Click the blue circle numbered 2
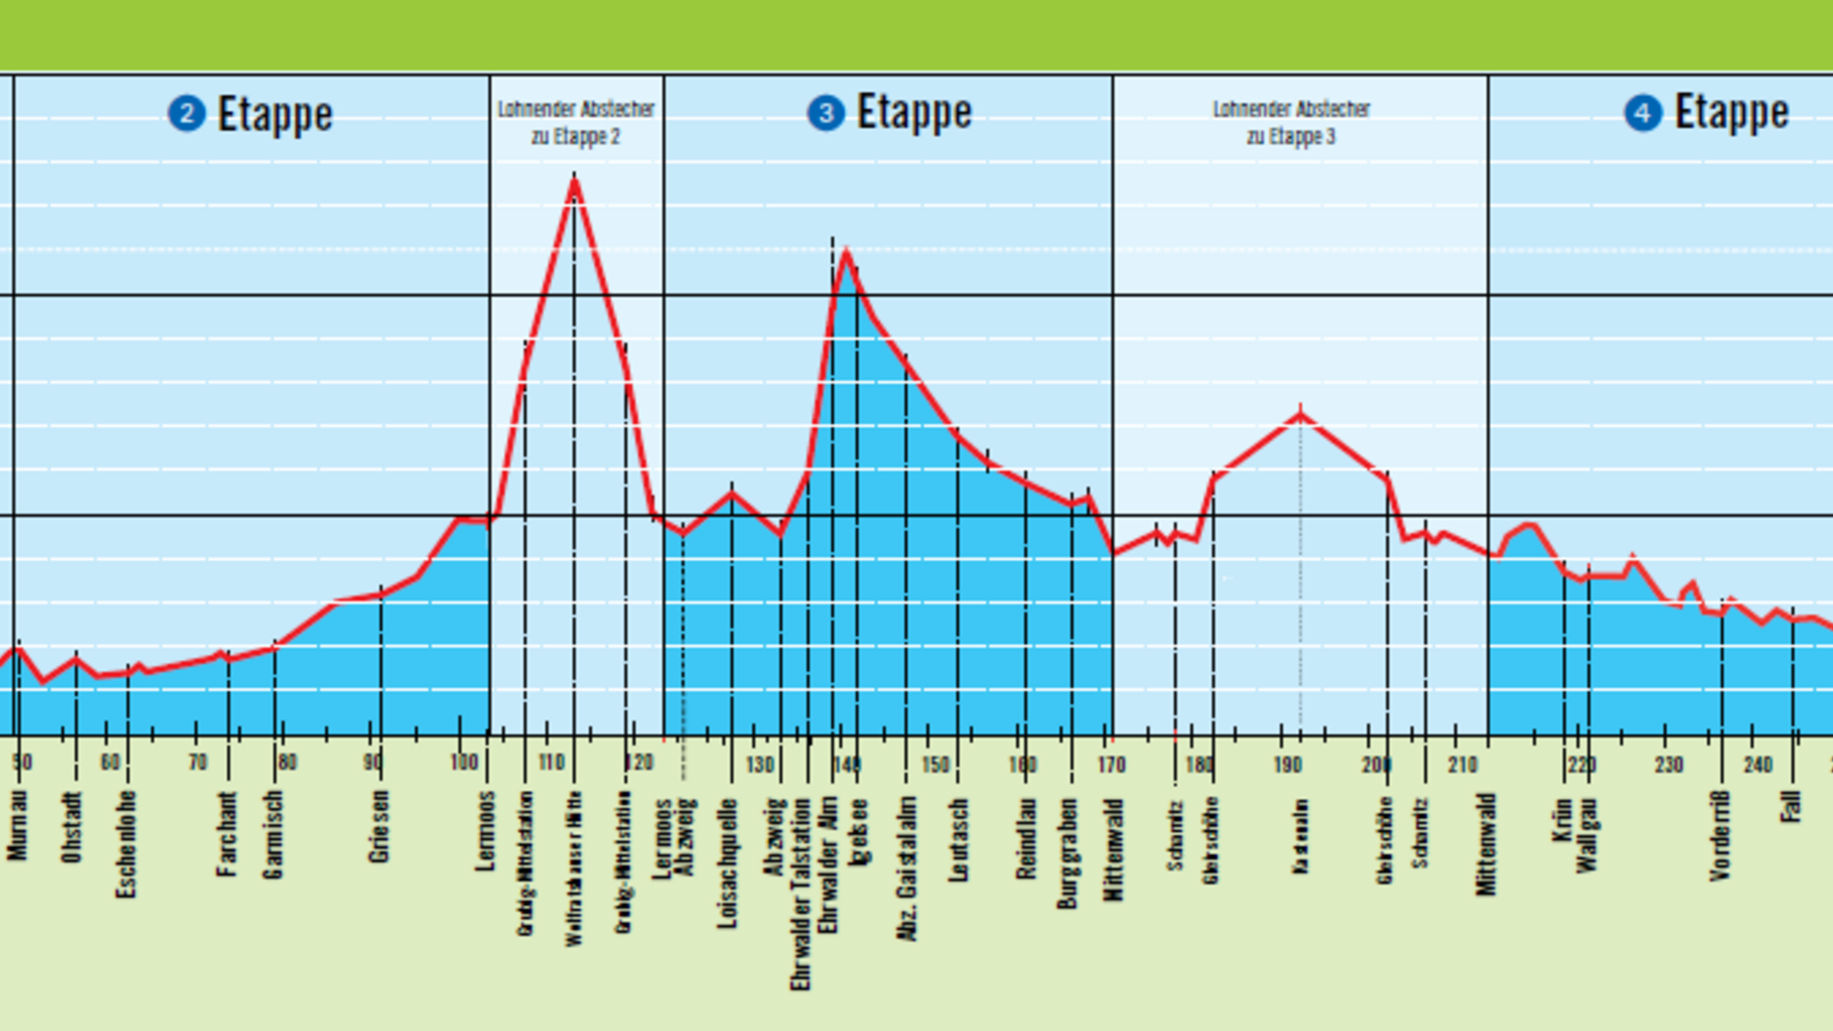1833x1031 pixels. (186, 115)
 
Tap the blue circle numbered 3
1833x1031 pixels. (826, 114)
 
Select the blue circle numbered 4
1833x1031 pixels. (1643, 114)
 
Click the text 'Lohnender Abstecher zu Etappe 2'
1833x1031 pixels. (576, 122)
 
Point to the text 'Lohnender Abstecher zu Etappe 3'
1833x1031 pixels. (1291, 122)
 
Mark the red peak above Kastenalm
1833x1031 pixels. (1300, 413)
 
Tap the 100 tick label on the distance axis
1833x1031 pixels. (464, 762)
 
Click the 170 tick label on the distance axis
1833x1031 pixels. (1111, 764)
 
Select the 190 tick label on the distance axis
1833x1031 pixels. (1287, 764)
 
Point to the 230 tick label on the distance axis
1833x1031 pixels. (1668, 764)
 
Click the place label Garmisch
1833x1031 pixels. (273, 833)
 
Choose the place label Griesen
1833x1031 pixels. (379, 826)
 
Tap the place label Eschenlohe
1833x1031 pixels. (126, 844)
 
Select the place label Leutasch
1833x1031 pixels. (958, 840)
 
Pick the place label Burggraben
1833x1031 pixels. (1067, 852)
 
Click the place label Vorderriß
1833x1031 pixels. (1719, 835)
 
